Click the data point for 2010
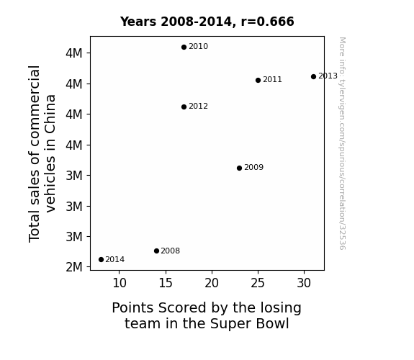pyautogui.click(x=184, y=48)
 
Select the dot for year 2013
pyautogui.click(x=313, y=76)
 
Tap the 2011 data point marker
pyautogui.click(x=258, y=81)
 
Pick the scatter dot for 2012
pyautogui.click(x=184, y=107)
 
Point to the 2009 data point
pyautogui.click(x=240, y=168)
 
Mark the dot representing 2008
pyautogui.click(x=156, y=251)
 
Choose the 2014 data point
pyautogui.click(x=101, y=260)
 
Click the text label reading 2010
pyautogui.click(x=198, y=47)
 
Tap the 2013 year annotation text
pyautogui.click(x=328, y=76)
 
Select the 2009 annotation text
pyautogui.click(x=253, y=168)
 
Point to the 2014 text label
pyautogui.click(x=115, y=260)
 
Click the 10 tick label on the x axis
pyautogui.click(x=120, y=283)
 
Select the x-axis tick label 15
pyautogui.click(x=166, y=283)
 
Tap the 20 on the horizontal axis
pyautogui.click(x=212, y=283)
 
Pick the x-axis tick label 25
pyautogui.click(x=258, y=283)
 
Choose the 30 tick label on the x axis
pyautogui.click(x=304, y=283)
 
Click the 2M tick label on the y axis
pyautogui.click(x=74, y=267)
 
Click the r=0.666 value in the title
pyautogui.click(x=267, y=22)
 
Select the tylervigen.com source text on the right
pyautogui.click(x=343, y=143)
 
